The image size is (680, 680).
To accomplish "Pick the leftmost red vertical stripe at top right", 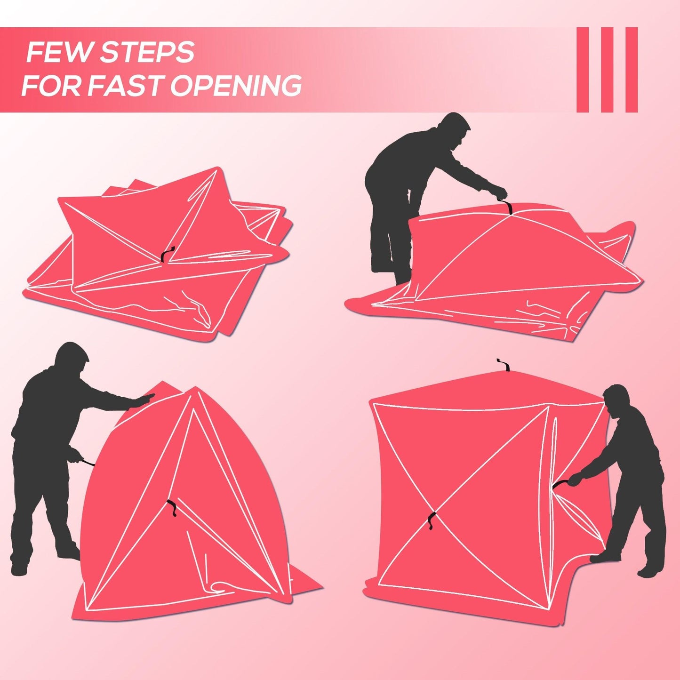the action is (x=583, y=70).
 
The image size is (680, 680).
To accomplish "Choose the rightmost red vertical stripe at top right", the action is (x=632, y=70).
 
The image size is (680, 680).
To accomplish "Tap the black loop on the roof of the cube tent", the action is (x=505, y=365).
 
